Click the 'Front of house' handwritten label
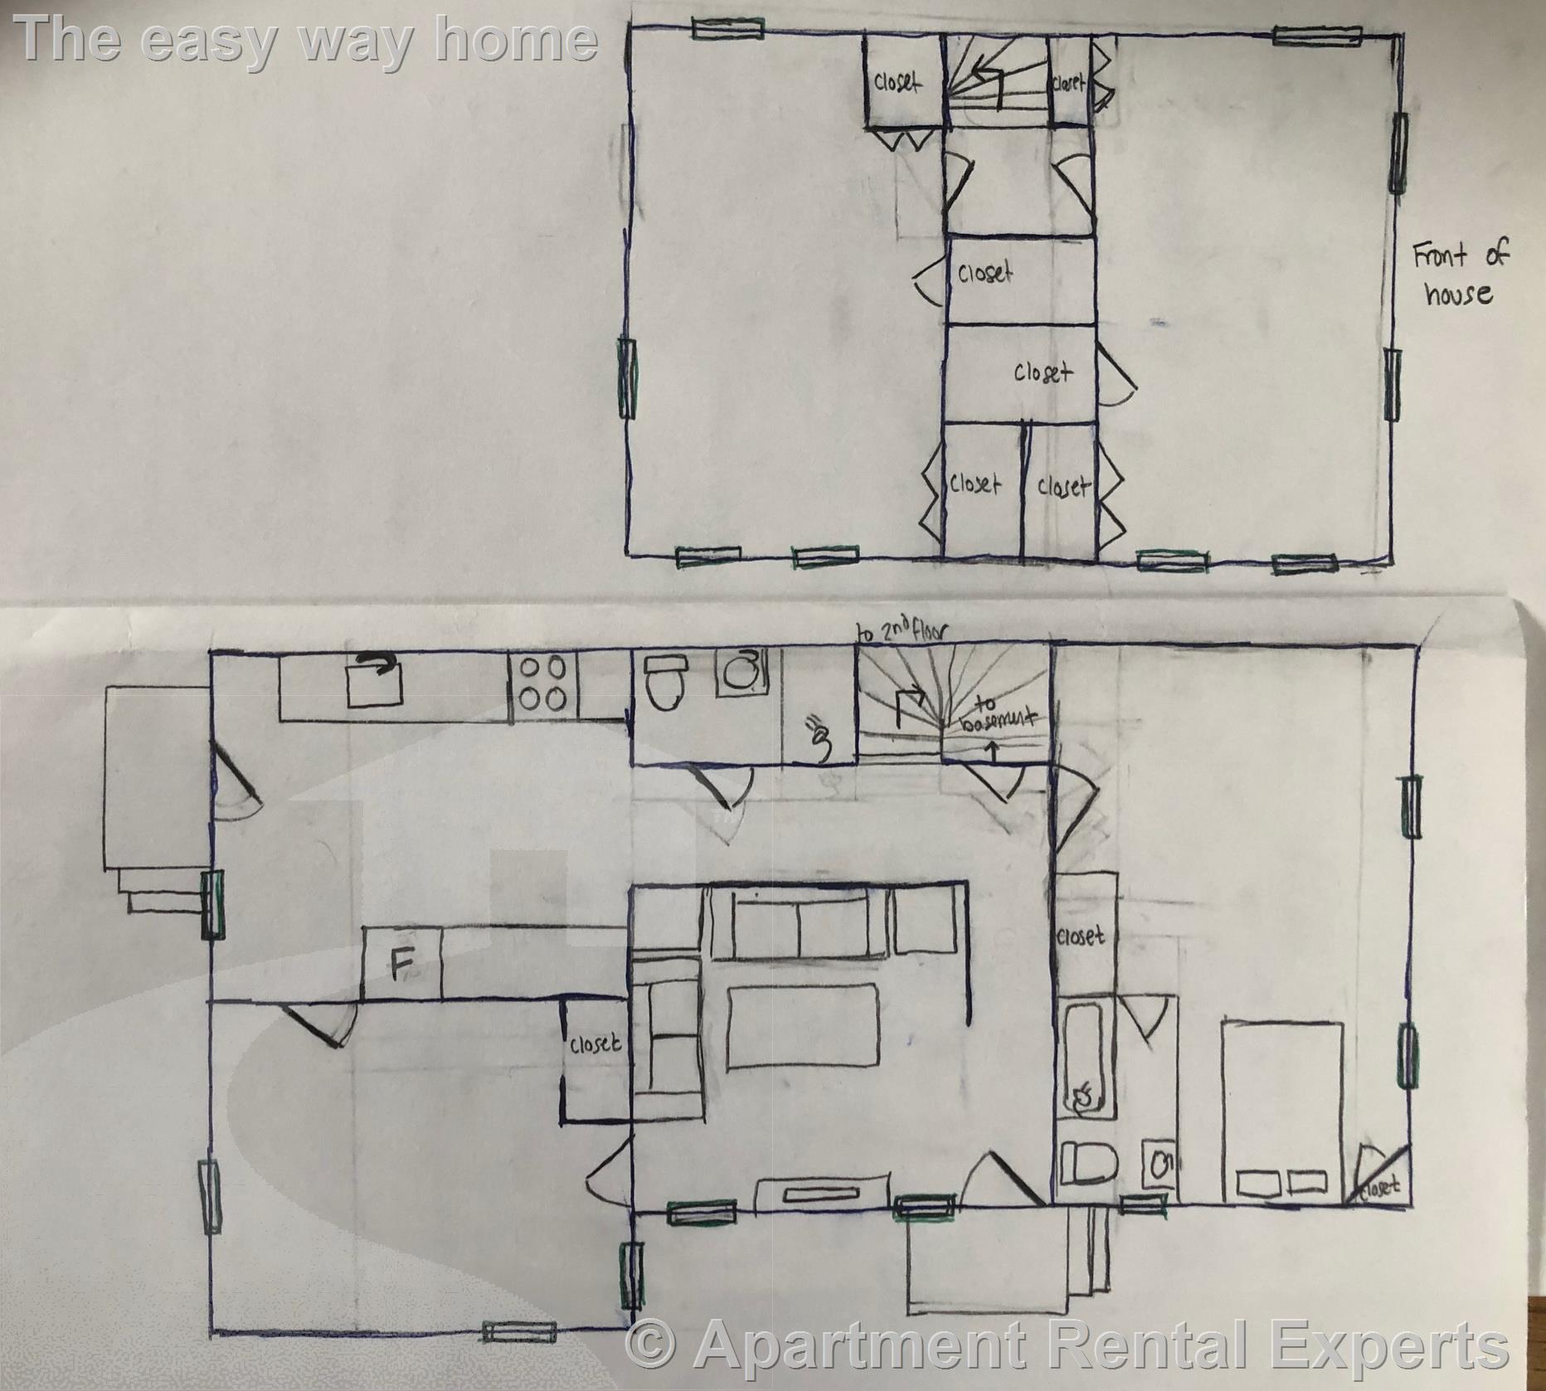(x=1460, y=274)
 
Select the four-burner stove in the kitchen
(x=542, y=683)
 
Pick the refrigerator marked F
(x=401, y=963)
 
